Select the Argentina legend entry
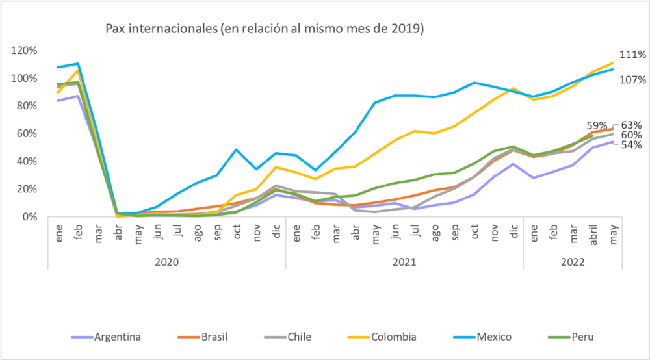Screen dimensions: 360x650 (x=117, y=337)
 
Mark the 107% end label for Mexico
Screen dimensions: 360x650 (x=631, y=80)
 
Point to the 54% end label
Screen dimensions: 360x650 (x=631, y=145)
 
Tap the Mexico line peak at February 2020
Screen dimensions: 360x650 (x=78, y=64)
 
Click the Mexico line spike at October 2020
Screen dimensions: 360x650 (x=237, y=149)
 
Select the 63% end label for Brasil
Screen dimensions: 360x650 (x=631, y=125)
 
